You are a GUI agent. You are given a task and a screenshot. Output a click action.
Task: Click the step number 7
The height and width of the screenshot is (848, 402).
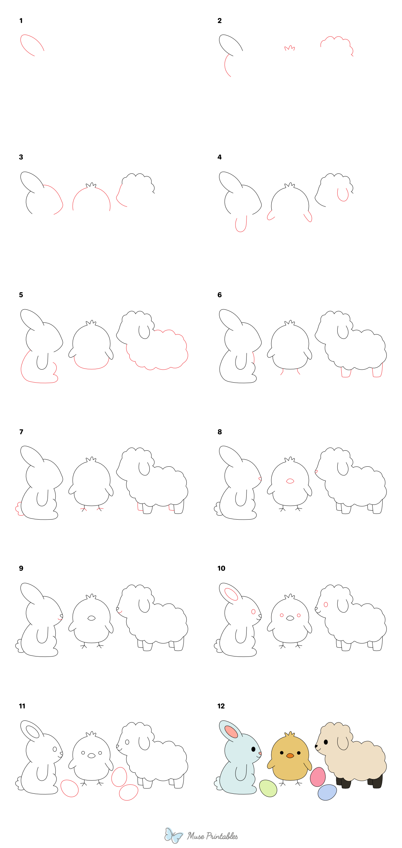(x=21, y=432)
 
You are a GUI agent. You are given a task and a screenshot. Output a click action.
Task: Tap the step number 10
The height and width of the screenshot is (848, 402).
(x=221, y=568)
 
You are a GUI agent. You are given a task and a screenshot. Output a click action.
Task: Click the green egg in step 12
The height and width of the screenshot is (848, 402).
(x=268, y=788)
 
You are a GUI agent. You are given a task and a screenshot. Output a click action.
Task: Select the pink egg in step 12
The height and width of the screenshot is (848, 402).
(x=318, y=777)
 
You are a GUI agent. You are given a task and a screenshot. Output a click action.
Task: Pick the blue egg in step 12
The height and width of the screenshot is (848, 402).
(x=327, y=792)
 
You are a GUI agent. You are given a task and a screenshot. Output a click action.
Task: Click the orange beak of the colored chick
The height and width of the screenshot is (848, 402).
(x=290, y=756)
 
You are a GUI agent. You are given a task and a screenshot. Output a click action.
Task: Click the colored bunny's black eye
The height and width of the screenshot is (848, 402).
(x=253, y=749)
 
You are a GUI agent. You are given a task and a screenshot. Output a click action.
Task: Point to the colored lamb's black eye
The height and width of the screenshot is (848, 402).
(x=326, y=742)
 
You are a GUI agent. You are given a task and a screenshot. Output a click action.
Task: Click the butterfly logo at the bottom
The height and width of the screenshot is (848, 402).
(x=173, y=836)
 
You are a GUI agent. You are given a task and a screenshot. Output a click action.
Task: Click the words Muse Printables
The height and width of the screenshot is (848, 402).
(x=212, y=836)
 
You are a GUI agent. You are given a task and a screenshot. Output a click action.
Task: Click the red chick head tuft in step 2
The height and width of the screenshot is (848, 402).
(x=290, y=48)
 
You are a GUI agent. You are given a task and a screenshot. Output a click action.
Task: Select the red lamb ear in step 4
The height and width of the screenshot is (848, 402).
(x=343, y=195)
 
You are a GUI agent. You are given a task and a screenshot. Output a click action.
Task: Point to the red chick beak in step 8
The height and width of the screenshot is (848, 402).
(x=290, y=481)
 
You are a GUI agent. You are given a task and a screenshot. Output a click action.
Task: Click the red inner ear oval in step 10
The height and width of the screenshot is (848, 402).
(x=231, y=595)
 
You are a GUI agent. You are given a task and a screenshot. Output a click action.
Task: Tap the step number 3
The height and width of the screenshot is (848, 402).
(x=21, y=157)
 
